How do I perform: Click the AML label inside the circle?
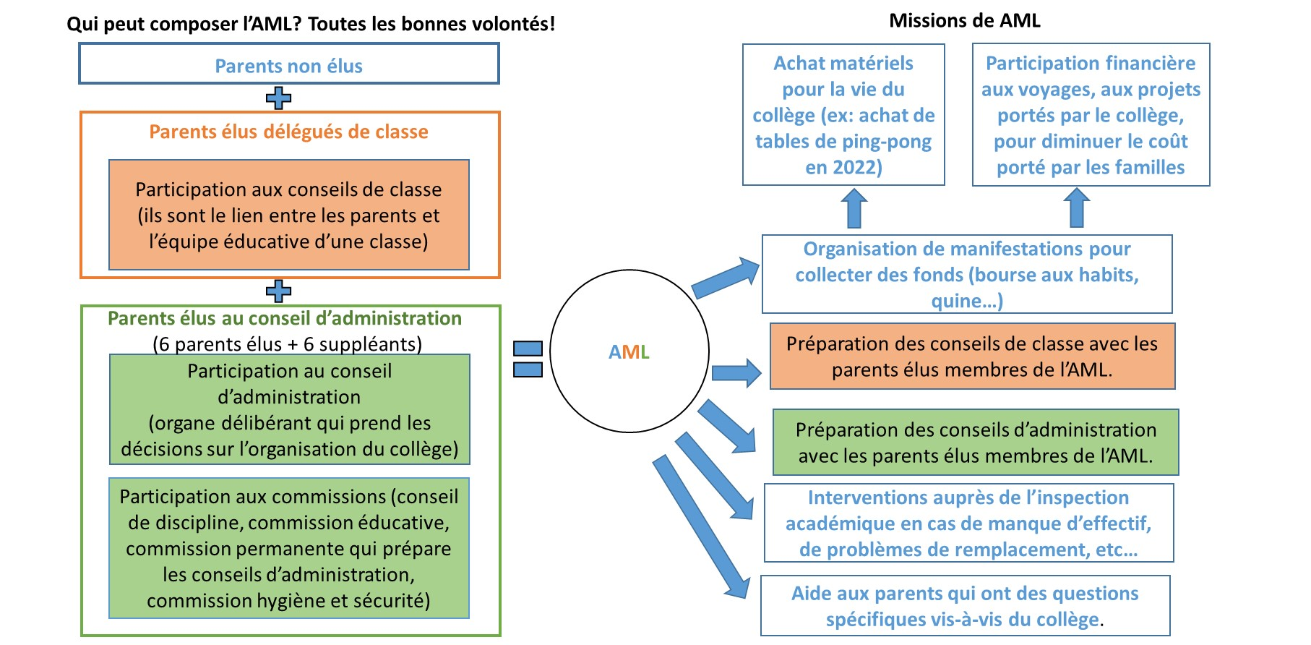[629, 352]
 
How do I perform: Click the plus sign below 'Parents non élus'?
[278, 98]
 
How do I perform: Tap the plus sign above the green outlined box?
[278, 291]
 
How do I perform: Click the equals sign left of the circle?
[528, 359]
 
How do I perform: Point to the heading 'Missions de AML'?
[964, 20]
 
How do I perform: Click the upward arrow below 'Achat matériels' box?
[854, 208]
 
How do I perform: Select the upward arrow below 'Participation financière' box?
[1077, 208]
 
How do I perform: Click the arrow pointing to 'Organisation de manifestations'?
[726, 278]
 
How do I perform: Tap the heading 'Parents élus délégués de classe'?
[288, 132]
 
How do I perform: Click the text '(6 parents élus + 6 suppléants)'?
[288, 344]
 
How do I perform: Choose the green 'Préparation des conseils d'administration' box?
[975, 443]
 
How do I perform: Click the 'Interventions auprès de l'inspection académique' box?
[968, 524]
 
